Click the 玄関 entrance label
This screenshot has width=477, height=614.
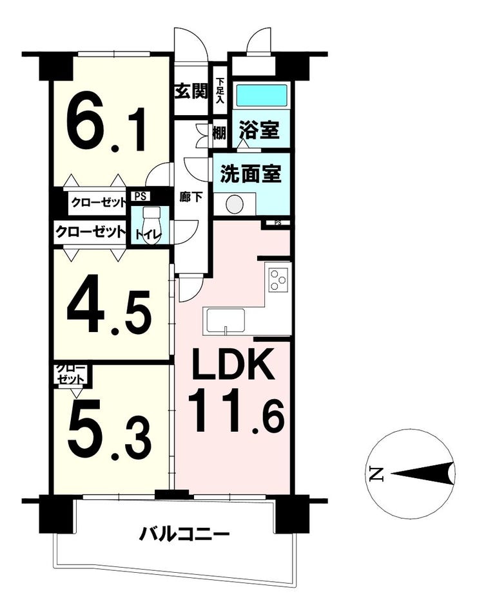click(x=191, y=92)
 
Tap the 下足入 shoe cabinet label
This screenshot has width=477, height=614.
click(x=220, y=91)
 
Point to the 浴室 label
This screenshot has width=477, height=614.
click(x=260, y=130)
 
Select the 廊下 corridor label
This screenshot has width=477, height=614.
click(x=191, y=196)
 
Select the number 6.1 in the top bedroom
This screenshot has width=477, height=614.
click(x=106, y=123)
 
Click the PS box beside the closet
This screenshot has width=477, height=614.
click(x=140, y=196)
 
